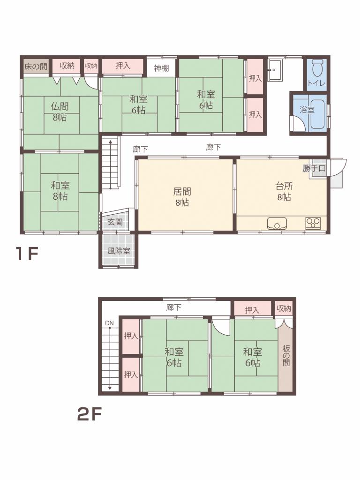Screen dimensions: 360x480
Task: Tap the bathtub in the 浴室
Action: (318, 113)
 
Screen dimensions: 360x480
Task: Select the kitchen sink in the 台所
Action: (277, 223)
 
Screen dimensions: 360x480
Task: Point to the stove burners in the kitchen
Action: (313, 223)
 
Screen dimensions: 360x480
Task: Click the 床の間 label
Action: (36, 67)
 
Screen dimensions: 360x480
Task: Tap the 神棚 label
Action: (161, 68)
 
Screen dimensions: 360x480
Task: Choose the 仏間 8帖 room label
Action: (60, 112)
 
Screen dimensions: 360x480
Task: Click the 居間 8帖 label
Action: (182, 197)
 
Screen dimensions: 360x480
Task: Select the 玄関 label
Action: (115, 222)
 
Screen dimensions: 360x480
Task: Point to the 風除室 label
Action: (119, 251)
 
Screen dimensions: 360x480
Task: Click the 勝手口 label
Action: (314, 168)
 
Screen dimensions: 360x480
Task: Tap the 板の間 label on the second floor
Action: (286, 355)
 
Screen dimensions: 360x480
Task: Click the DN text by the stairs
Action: (109, 323)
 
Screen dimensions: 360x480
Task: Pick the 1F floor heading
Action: (27, 254)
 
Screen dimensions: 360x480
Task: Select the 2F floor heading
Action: (89, 415)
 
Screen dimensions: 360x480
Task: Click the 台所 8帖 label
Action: (285, 192)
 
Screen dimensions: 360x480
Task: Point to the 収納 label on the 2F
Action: (284, 308)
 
